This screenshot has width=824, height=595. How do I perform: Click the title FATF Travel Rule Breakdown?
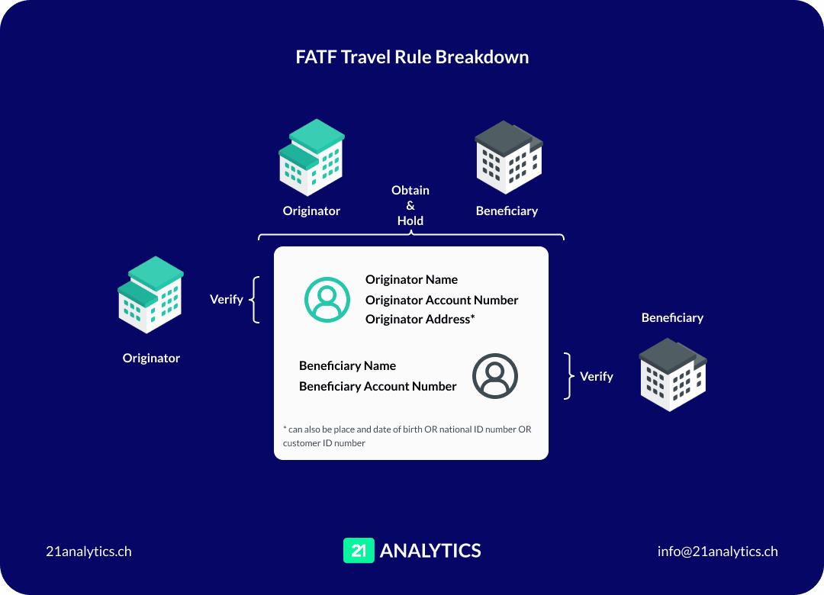[412, 57]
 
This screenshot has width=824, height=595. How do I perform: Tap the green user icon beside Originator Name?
[327, 299]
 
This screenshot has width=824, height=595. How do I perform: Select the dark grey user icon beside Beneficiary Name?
[494, 375]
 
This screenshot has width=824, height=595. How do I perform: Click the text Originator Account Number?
[442, 300]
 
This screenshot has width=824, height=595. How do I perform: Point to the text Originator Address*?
[420, 319]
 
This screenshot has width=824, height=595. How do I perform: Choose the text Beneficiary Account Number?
[378, 386]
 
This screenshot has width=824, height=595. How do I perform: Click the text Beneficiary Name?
[347, 365]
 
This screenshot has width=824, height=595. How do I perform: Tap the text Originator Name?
[411, 279]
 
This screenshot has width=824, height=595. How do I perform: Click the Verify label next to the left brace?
[227, 299]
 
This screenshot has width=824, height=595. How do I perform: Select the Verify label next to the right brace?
[596, 376]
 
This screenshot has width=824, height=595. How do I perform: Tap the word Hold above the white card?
[410, 220]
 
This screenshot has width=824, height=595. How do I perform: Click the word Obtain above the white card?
[410, 190]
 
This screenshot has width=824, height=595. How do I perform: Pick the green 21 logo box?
[359, 551]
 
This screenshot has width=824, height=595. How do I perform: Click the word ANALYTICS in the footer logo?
[430, 551]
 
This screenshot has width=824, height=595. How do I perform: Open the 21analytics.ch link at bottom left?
[89, 551]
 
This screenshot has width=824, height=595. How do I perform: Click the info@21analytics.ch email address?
[717, 551]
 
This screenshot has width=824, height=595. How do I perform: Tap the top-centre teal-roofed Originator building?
[311, 157]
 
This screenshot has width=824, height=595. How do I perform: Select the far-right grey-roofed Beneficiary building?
[672, 375]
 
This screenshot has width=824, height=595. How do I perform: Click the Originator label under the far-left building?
[151, 358]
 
